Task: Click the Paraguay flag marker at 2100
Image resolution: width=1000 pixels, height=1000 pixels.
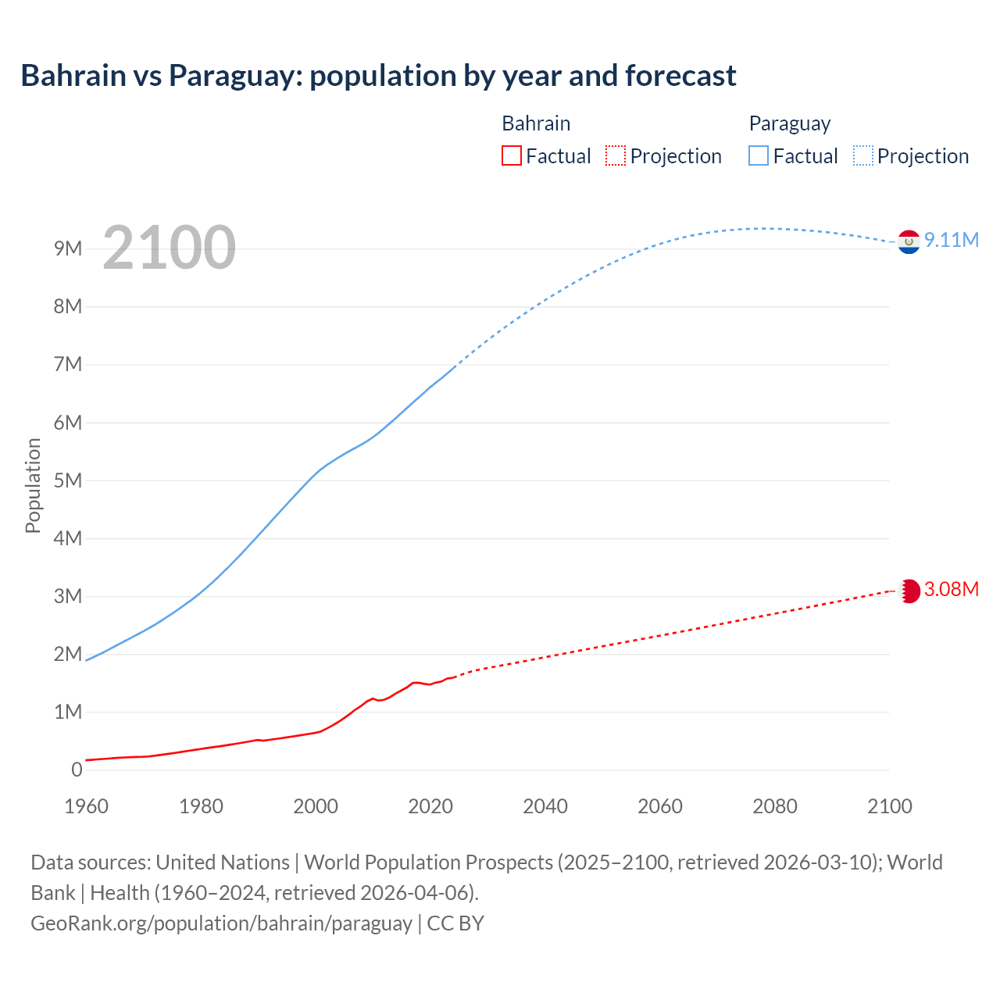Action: (909, 242)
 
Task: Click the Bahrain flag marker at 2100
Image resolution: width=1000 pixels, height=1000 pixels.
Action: (909, 591)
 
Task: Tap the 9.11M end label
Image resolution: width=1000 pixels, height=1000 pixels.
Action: (952, 240)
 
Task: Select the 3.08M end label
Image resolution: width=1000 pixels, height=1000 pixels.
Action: (952, 589)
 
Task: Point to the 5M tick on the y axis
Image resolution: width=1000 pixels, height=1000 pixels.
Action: (68, 480)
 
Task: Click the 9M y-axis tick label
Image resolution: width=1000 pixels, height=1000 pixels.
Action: (68, 248)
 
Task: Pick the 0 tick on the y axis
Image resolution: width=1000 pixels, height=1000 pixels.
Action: (77, 770)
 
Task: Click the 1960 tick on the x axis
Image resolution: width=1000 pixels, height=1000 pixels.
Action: (86, 806)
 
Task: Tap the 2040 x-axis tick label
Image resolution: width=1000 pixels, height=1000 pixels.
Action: (545, 806)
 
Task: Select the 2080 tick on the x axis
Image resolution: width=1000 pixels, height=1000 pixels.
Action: (775, 806)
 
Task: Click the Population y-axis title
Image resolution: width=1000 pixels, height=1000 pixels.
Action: (33, 485)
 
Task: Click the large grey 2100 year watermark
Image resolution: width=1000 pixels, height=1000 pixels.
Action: (169, 248)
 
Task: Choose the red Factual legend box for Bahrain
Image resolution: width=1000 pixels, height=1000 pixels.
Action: (512, 155)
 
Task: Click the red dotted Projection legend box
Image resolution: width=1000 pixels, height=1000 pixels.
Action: (616, 155)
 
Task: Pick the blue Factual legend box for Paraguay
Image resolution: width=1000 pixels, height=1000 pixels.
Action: (759, 155)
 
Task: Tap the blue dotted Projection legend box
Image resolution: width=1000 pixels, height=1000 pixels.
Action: (863, 155)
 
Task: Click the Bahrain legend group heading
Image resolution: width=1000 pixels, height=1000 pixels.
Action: (536, 123)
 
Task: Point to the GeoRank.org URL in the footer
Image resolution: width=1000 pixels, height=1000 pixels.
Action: (221, 923)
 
